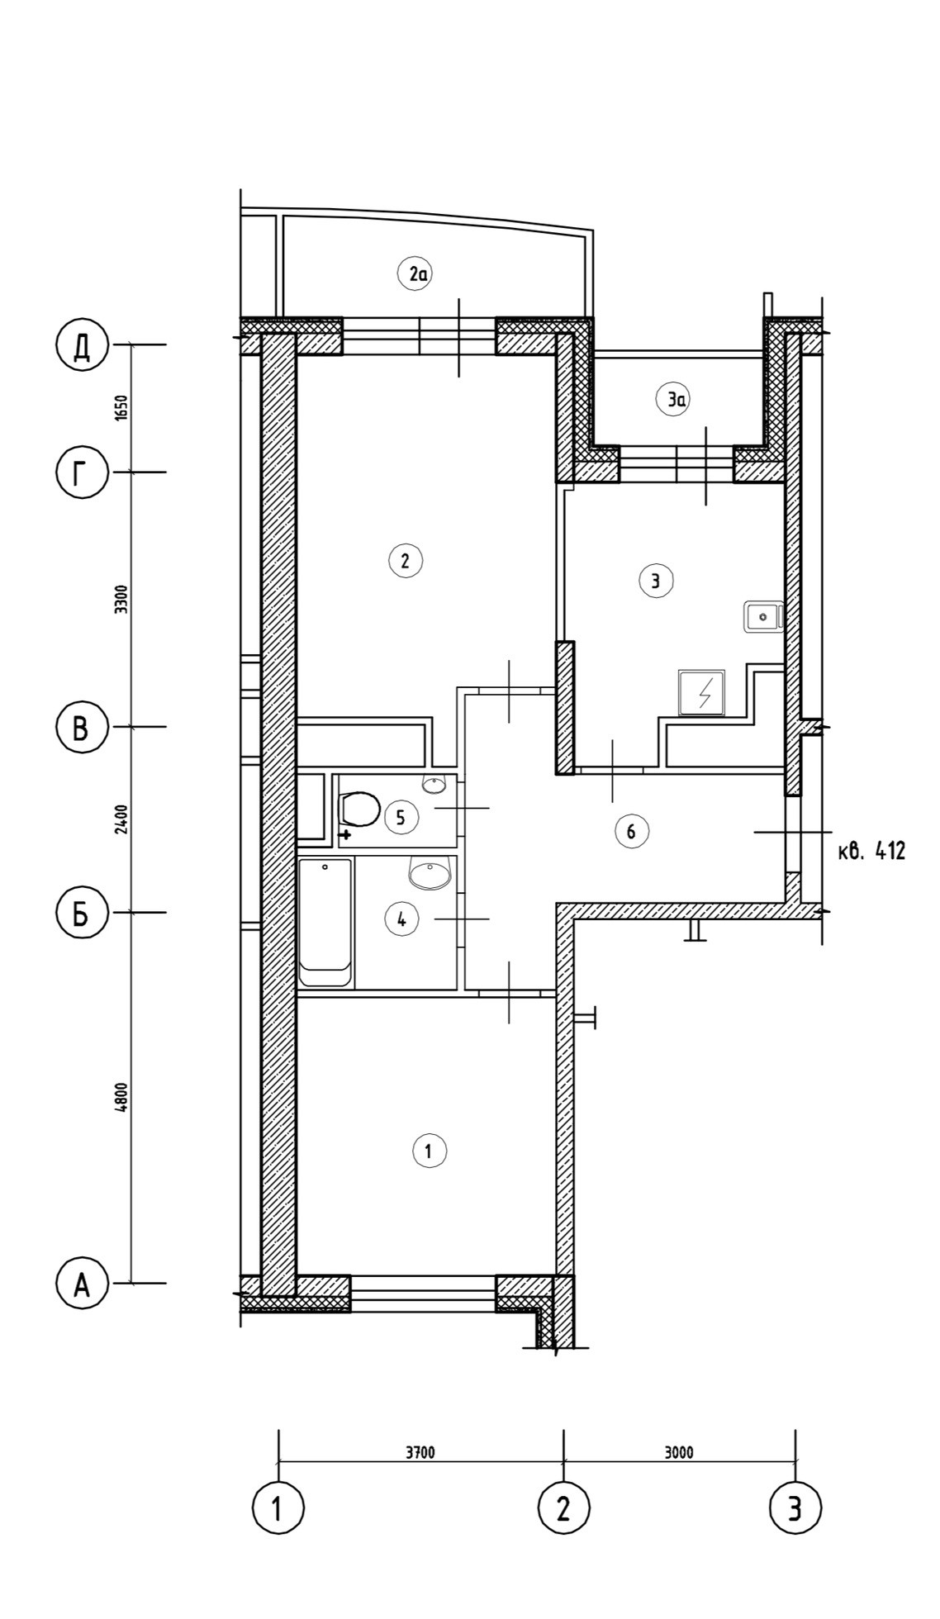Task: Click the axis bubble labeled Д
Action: point(82,345)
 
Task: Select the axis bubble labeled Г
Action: point(82,473)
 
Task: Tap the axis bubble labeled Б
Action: point(82,914)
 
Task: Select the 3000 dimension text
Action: point(679,1453)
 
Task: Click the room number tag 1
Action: point(429,1151)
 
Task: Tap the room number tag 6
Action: point(632,831)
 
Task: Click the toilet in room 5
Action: point(359,809)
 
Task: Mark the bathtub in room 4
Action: point(325,923)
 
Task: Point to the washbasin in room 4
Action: point(430,873)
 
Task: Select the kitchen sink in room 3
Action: point(763,616)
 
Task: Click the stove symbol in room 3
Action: point(701,692)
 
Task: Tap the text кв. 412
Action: point(871,851)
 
